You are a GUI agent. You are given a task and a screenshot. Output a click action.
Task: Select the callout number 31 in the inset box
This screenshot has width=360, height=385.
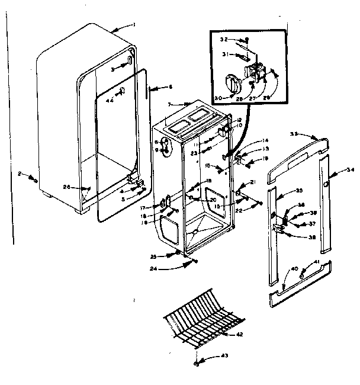tap(226, 54)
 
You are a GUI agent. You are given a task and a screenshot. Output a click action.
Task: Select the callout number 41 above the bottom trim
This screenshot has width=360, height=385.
tap(317, 262)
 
